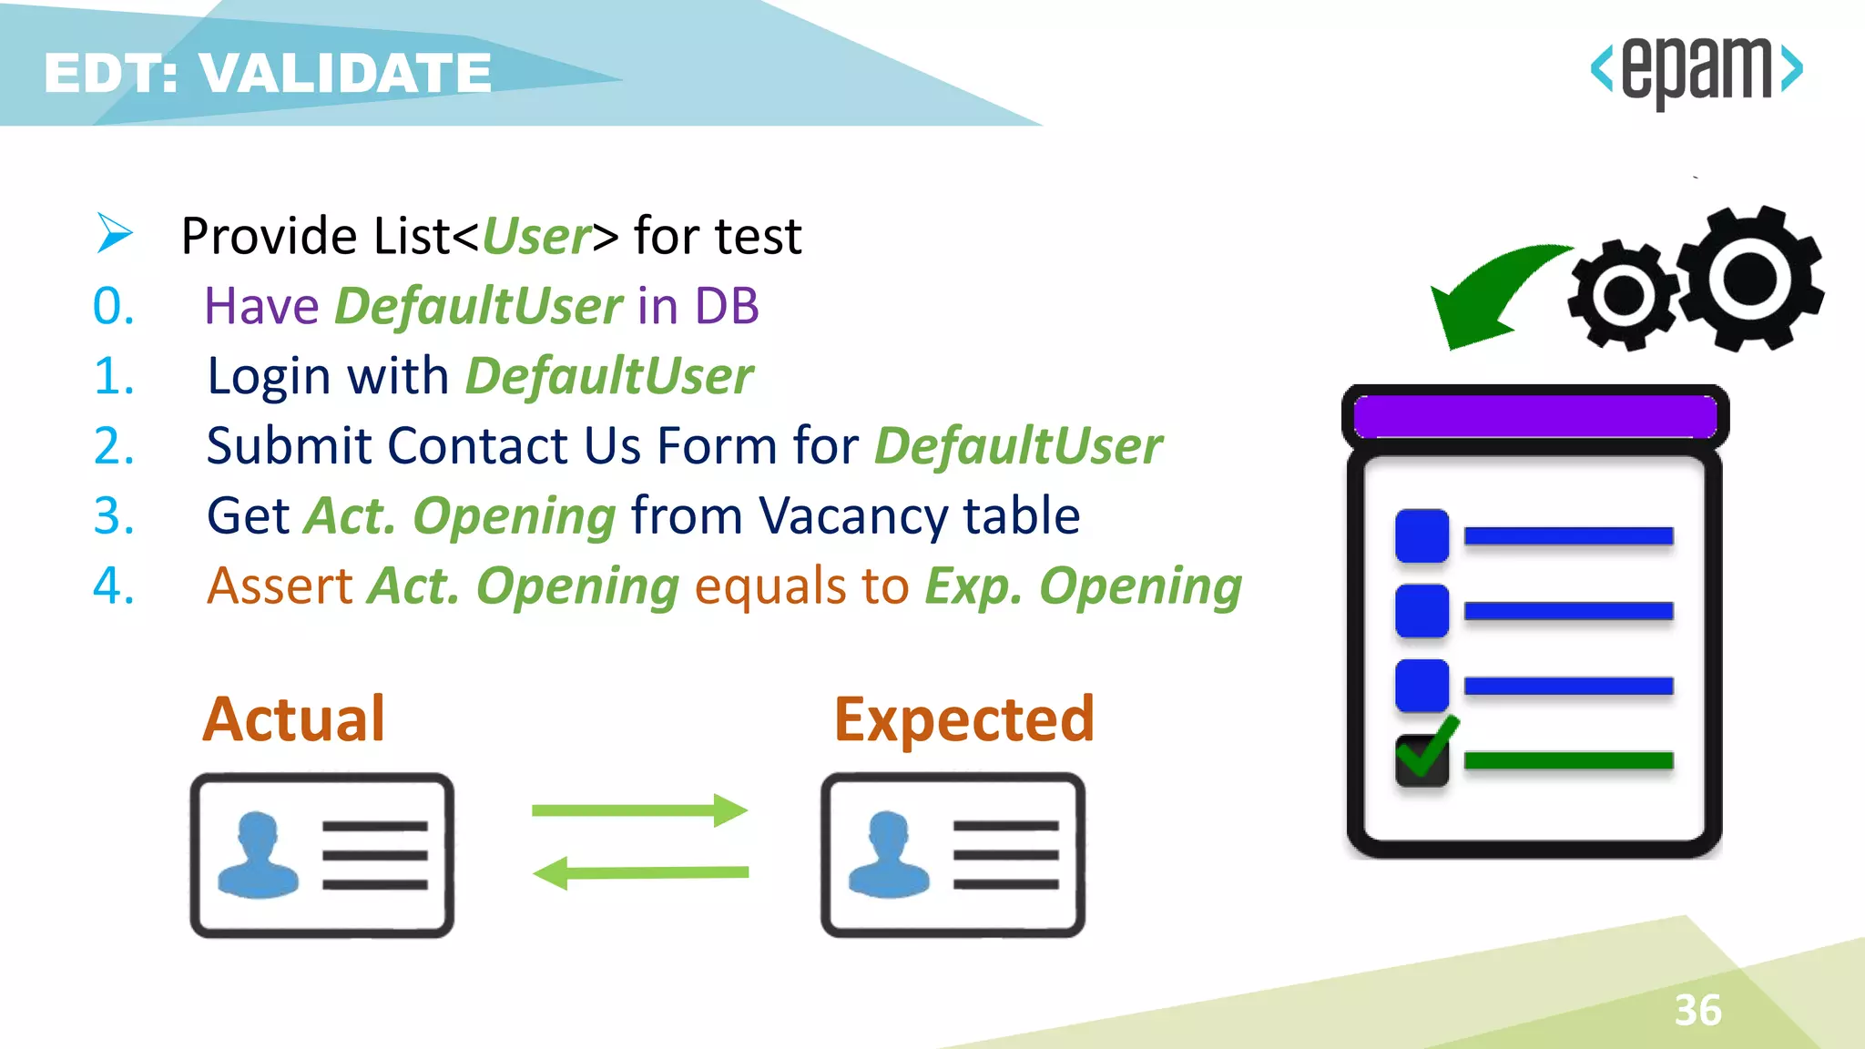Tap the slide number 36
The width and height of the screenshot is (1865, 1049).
1697,1010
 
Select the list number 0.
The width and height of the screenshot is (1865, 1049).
113,306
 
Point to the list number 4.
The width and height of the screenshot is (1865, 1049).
113,586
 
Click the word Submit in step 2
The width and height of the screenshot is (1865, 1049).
288,446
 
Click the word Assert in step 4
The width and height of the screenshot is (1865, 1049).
279,586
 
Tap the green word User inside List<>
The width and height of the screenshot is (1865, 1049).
535,236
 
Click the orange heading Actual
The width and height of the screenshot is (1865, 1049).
293,719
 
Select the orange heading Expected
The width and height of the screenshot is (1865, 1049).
963,719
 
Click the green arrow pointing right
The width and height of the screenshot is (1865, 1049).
639,810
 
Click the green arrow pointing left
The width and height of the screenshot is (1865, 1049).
639,872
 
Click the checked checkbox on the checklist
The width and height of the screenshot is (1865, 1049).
1422,758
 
